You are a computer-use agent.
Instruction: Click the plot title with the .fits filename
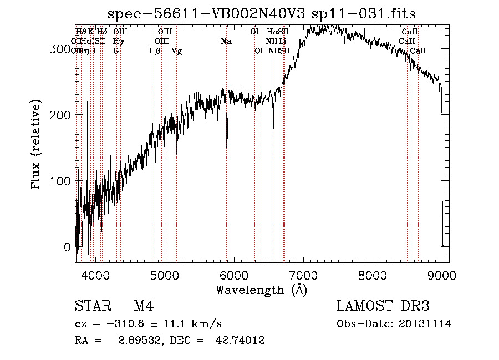point(261,13)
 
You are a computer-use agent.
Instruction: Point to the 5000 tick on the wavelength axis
point(165,275)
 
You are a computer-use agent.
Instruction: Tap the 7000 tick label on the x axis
point(303,275)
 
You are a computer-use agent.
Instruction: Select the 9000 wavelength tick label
point(442,275)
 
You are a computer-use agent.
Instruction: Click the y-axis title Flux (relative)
point(37,145)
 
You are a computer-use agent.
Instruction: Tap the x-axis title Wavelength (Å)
point(261,290)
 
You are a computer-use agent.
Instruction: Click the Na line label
point(226,42)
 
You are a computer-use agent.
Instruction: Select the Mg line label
point(176,51)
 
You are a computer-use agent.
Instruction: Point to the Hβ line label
point(155,51)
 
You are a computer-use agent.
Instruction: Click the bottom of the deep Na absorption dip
point(227,149)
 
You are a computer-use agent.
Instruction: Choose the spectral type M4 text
point(144,306)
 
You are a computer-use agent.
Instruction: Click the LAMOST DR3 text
point(383,306)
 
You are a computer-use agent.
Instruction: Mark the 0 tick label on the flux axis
point(67,247)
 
